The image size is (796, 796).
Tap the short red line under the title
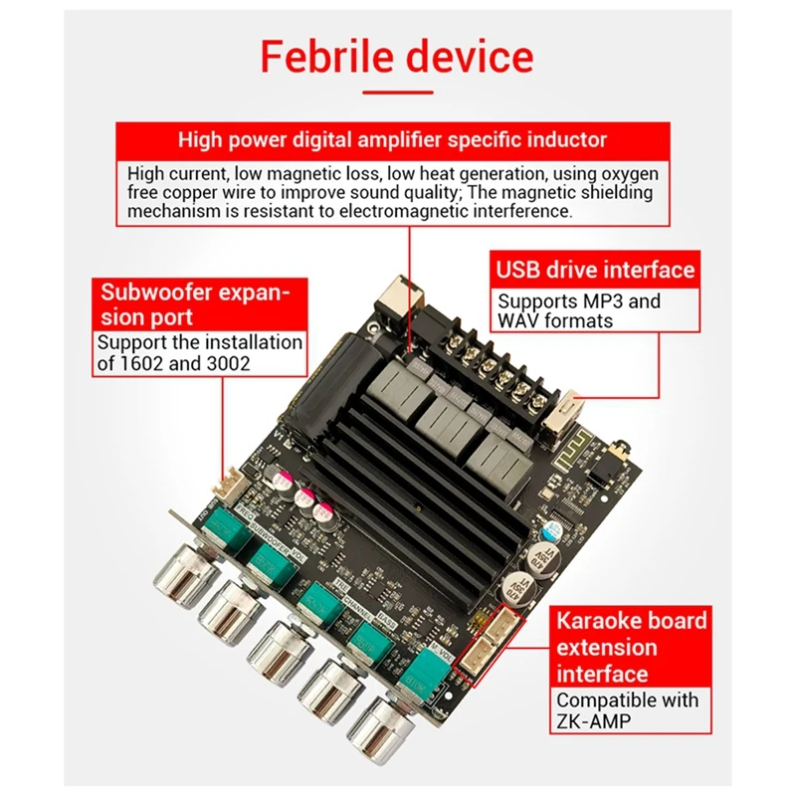coord(397,92)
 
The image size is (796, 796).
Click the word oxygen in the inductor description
coord(623,172)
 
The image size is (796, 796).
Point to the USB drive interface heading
coord(595,270)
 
